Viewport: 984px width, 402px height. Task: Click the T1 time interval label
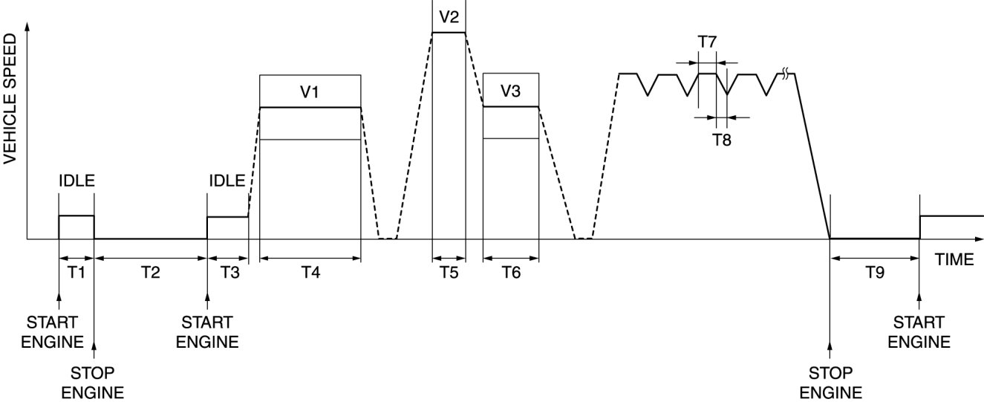(x=76, y=272)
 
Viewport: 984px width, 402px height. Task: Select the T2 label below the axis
(x=150, y=272)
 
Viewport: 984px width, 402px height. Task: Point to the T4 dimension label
(x=310, y=272)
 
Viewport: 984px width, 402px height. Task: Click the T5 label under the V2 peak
(x=449, y=272)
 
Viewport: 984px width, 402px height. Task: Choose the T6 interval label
(x=510, y=272)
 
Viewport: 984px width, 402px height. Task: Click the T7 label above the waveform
(x=708, y=42)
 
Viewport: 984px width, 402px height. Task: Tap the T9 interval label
(x=875, y=272)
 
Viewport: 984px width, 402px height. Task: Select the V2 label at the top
(x=449, y=15)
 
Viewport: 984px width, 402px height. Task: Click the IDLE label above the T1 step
(x=76, y=181)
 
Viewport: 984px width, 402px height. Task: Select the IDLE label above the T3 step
(x=227, y=181)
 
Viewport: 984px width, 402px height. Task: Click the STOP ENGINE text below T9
(x=831, y=382)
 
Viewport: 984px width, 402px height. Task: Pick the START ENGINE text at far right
(x=919, y=332)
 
